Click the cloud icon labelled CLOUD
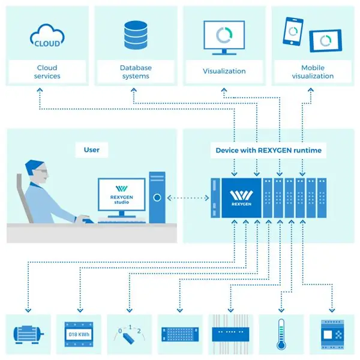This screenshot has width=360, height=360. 47,36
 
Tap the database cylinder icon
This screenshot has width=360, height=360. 136,35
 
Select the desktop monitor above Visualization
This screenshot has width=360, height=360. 224,38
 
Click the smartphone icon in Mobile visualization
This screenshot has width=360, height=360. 293,31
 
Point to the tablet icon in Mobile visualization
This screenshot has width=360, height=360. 326,41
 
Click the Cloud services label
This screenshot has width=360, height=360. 47,71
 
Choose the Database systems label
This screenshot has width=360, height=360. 136,71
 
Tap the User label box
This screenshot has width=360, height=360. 92,149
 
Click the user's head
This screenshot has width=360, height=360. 37,171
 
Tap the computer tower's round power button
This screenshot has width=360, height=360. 157,197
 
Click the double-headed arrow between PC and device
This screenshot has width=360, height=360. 188,197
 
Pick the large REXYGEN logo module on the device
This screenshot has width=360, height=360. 241,197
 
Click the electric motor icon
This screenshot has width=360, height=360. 28,335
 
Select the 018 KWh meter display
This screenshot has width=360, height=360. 79,334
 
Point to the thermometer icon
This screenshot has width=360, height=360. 281,334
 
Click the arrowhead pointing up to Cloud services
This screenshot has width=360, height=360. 40,90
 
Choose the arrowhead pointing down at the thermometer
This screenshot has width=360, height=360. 281,310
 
